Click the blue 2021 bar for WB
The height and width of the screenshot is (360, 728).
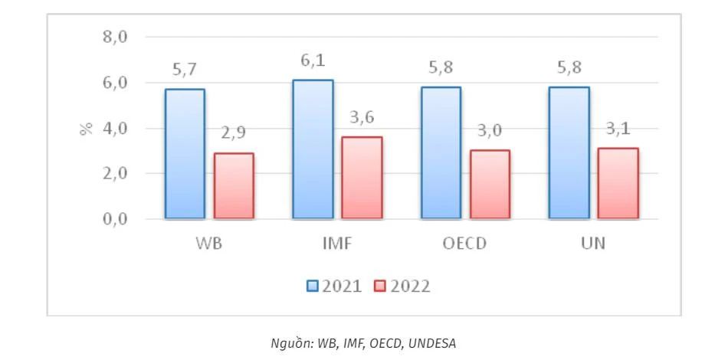[185, 154]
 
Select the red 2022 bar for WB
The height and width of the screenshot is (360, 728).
[234, 186]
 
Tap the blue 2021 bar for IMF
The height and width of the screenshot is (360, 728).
[313, 149]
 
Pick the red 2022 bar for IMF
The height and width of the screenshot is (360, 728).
[362, 178]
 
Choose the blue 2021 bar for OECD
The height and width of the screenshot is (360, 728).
[441, 153]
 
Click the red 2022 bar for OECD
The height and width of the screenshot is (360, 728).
[490, 185]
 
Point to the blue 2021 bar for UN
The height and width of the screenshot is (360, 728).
[569, 153]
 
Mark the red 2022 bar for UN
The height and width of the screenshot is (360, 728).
[618, 184]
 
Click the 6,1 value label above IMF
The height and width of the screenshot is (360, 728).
[313, 61]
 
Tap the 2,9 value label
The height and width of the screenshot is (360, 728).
[234, 135]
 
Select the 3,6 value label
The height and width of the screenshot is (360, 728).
[362, 119]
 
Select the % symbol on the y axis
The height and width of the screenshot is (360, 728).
[86, 128]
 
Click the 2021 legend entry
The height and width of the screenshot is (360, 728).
[334, 286]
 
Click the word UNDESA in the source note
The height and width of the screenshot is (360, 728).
[432, 343]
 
